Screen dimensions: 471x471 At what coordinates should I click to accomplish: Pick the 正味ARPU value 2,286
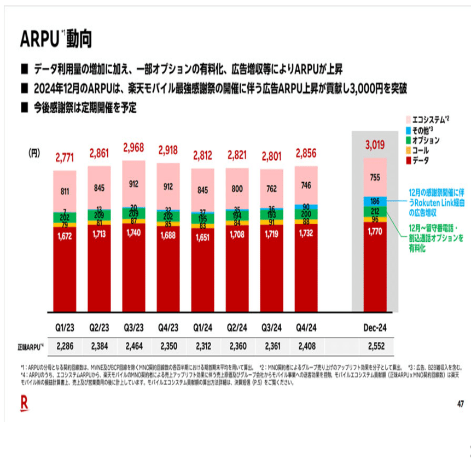65,346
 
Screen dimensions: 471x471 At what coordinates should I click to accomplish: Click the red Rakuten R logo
25,403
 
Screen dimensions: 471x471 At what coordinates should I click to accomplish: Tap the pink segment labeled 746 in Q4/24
307,185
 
